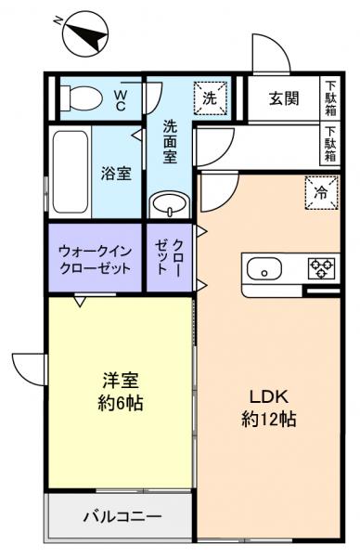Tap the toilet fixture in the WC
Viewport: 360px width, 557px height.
point(86,95)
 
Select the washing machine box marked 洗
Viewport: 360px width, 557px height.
point(211,97)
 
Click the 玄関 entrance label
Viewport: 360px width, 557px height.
point(283,97)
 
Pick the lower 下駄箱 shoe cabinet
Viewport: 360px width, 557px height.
point(331,145)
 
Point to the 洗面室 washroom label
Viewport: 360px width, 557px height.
point(170,141)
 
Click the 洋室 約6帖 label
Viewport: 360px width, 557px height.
point(122,391)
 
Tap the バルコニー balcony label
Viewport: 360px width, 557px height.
point(122,515)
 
